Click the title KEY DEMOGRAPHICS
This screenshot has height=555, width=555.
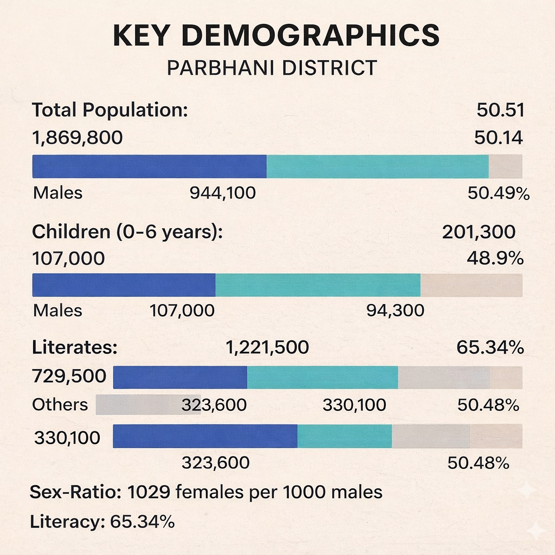(276, 35)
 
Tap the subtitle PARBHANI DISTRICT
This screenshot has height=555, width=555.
(272, 68)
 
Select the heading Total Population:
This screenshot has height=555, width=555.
(110, 110)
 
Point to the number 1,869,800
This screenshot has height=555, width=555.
(78, 138)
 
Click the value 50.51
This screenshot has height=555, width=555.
(500, 110)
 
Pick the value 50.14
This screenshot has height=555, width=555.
(498, 138)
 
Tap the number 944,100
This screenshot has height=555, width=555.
(222, 192)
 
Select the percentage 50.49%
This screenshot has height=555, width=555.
(498, 192)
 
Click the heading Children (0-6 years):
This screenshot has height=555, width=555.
(128, 231)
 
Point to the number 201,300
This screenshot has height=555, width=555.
(479, 231)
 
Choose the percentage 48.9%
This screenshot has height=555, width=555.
(495, 259)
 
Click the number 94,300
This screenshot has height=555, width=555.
(395, 311)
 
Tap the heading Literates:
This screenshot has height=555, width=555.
(75, 347)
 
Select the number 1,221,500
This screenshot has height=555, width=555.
(267, 347)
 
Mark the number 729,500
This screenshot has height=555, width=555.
(69, 376)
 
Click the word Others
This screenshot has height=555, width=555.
(60, 404)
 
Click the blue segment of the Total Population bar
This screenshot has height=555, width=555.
(149, 166)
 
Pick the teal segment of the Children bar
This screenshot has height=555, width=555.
(318, 285)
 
